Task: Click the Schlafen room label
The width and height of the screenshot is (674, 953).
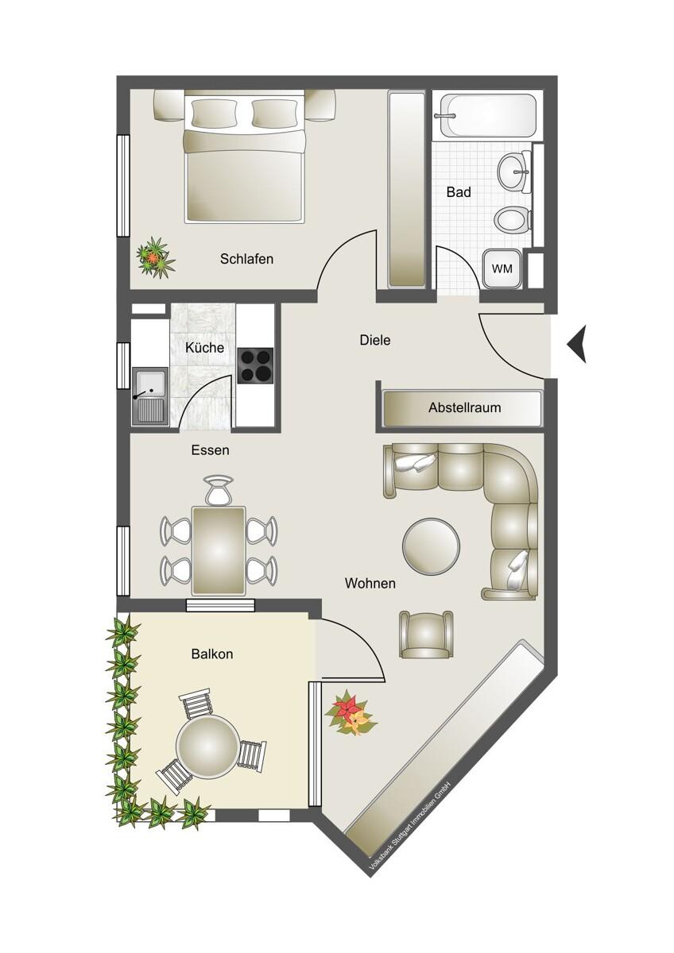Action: (246, 259)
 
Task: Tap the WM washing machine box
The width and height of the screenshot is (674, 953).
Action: (502, 269)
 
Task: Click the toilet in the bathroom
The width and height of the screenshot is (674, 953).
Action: (511, 218)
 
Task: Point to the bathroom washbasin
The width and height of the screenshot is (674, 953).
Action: (515, 170)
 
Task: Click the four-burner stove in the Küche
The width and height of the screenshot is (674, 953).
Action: (255, 365)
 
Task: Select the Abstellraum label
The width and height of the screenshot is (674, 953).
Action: (464, 408)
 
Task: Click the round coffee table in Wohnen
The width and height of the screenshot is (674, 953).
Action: (431, 546)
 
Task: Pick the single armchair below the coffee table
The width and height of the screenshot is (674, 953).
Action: (426, 635)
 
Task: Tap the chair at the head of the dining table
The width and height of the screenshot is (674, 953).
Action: (219, 491)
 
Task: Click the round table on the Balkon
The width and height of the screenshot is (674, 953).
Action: (207, 747)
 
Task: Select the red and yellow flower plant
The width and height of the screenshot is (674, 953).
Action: (350, 712)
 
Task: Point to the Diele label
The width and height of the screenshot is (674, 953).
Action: (375, 340)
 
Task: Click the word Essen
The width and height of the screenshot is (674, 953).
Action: (210, 450)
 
